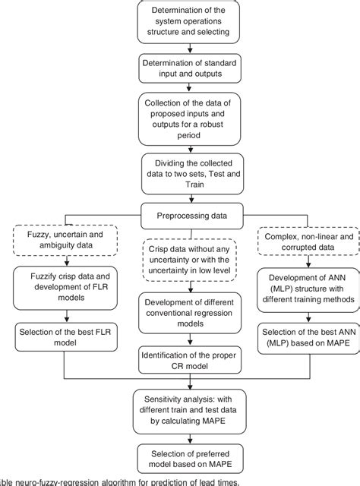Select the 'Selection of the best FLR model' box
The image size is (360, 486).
coord(58,336)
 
